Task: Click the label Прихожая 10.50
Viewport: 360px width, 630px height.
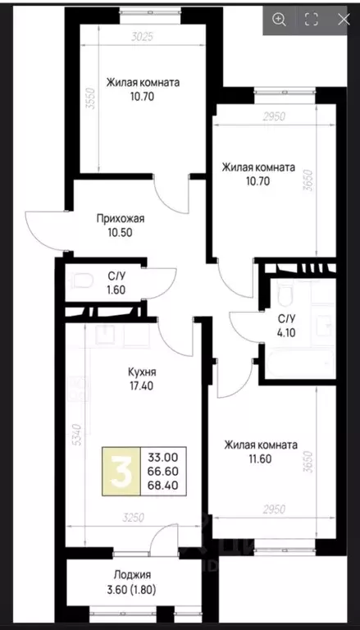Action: [x=120, y=225]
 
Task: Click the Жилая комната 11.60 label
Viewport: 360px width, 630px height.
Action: [x=260, y=451]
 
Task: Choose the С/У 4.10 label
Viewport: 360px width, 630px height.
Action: [x=286, y=326]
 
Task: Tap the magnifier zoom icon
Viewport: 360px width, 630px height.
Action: [x=280, y=19]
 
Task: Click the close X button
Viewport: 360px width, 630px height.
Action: [x=343, y=19]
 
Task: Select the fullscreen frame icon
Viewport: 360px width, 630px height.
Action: [x=311, y=19]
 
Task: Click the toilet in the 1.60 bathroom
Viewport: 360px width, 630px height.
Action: [x=78, y=281]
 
